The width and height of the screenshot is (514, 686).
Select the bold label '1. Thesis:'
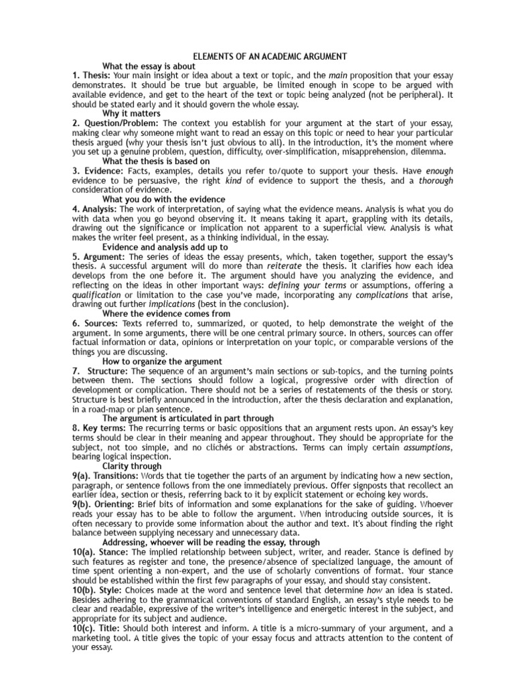(92, 76)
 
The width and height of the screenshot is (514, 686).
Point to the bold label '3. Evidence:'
(98, 171)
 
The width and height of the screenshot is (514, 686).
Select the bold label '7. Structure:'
(100, 371)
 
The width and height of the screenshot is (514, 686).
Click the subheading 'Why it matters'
(131, 114)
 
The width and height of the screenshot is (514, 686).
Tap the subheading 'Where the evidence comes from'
(166, 314)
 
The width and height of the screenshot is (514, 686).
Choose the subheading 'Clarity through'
(132, 466)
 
